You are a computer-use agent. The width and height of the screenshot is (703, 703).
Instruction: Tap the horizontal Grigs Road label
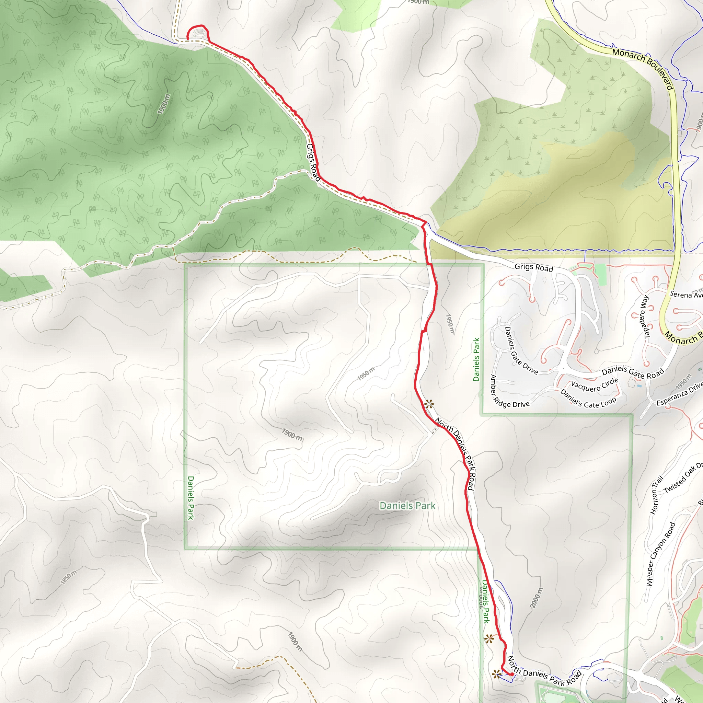tap(533, 267)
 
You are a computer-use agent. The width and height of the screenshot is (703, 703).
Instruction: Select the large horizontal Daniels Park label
tap(407, 505)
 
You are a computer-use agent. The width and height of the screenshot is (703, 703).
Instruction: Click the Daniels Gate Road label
tap(633, 372)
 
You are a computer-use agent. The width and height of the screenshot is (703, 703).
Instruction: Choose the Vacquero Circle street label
tap(595, 385)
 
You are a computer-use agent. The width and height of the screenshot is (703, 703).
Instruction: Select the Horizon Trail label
tap(657, 495)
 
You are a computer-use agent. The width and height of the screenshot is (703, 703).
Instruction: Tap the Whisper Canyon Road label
tap(660, 554)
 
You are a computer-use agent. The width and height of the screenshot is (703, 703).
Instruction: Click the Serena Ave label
tap(686, 295)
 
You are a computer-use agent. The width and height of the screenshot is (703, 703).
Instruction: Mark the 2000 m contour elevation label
tap(536, 598)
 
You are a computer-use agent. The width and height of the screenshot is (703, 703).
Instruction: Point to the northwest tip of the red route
tap(187, 38)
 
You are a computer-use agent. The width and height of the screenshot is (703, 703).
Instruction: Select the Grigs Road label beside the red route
tap(313, 162)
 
